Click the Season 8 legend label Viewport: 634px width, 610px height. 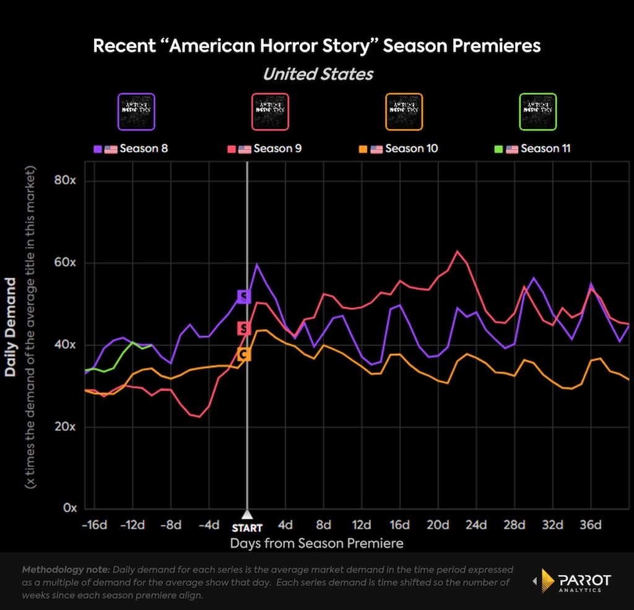144,149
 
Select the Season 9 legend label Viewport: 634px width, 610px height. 278,149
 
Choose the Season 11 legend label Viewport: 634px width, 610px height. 545,149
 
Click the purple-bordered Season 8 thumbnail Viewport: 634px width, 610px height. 136,111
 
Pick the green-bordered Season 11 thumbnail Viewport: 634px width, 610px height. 538,111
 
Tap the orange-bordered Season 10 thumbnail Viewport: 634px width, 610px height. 404,111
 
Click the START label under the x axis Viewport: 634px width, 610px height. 247,528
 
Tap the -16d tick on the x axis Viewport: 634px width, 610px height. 94,525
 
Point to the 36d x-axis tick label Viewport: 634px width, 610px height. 590,525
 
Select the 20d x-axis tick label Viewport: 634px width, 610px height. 438,525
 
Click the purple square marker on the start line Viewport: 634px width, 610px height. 244,297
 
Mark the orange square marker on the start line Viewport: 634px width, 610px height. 244,354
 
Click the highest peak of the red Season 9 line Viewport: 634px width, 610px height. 457,251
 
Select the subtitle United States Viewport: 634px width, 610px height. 318,74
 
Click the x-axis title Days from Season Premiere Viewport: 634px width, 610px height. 316,544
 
